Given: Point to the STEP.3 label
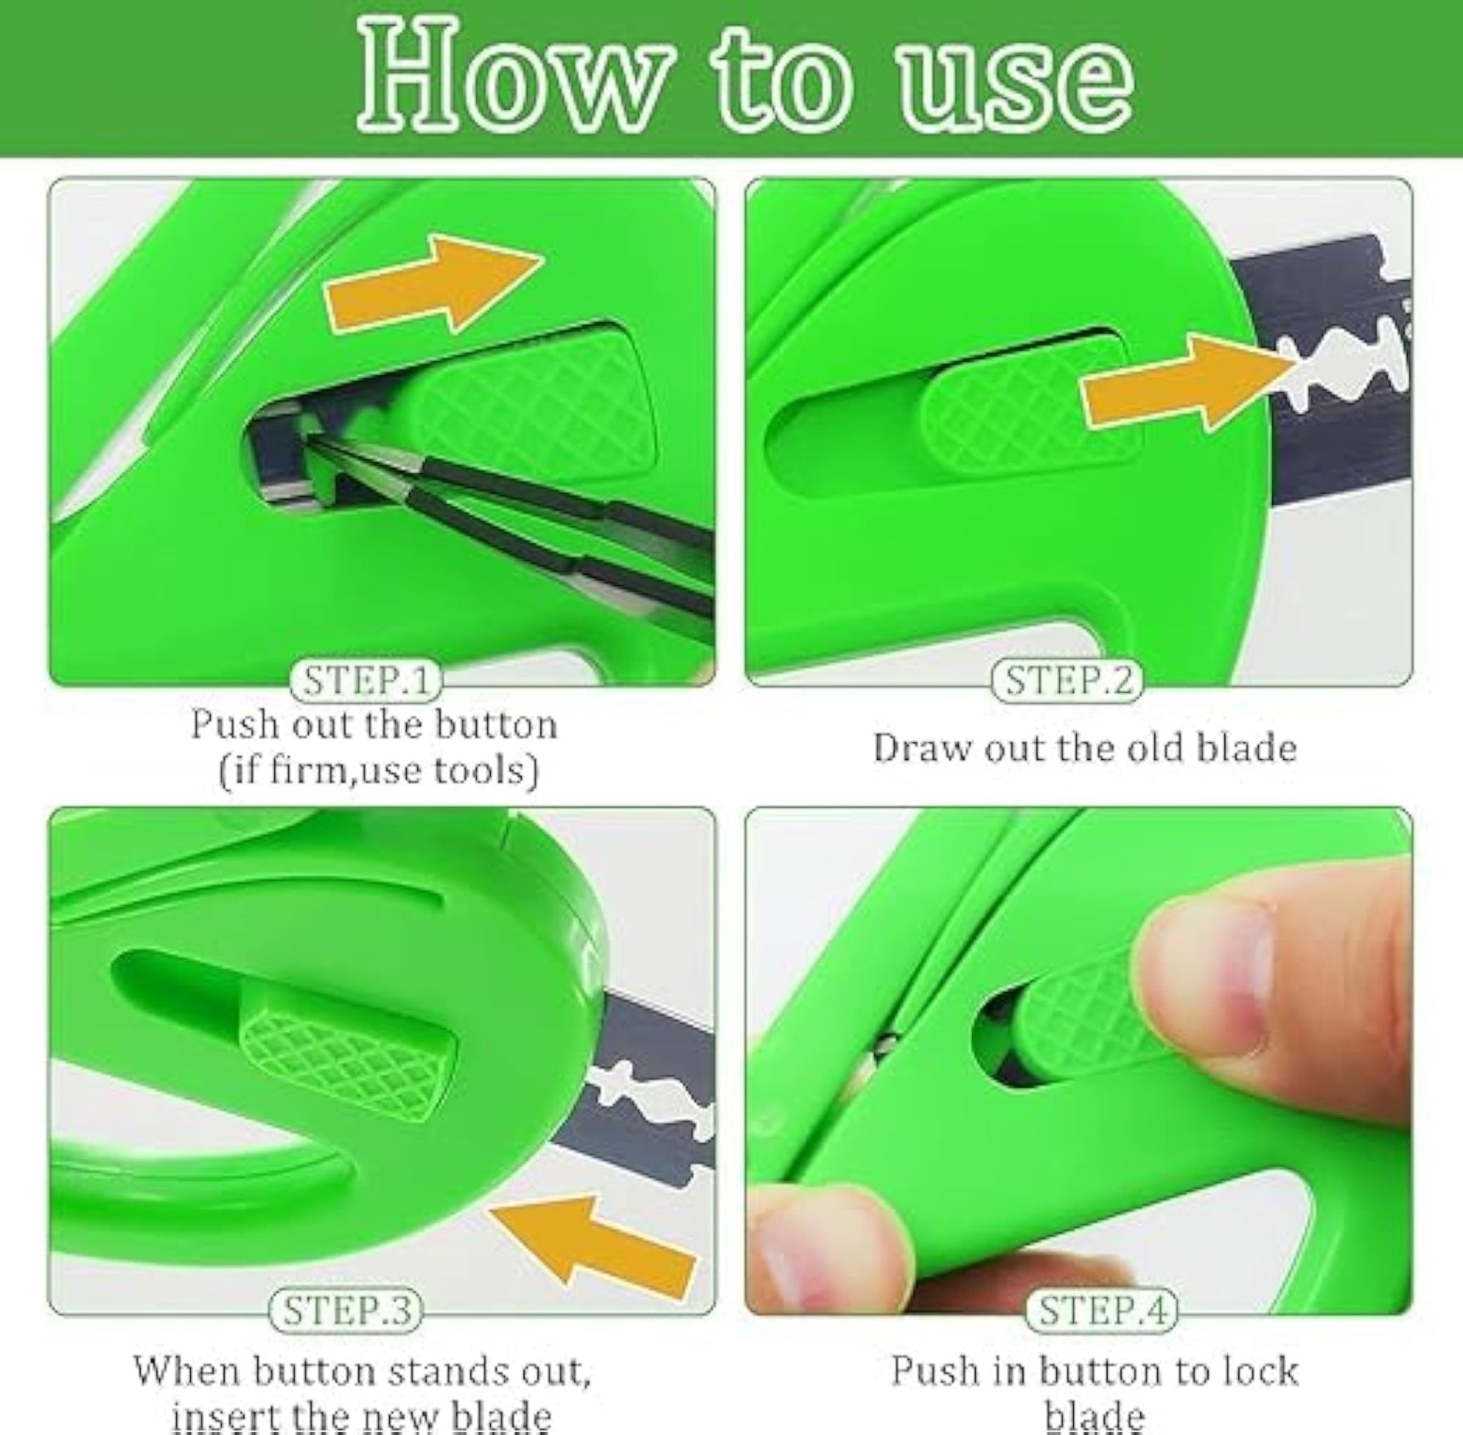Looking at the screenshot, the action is [346, 1310].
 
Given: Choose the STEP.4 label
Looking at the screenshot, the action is [1103, 1310].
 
